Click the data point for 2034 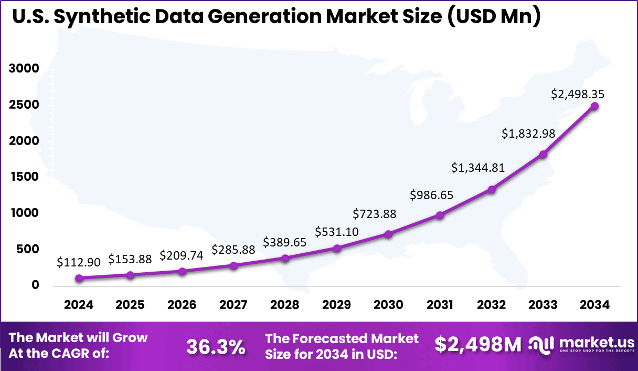(594, 106)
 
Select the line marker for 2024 (79, 278)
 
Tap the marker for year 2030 (388, 234)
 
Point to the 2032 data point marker (492, 189)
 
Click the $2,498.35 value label (578, 95)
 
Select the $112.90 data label (79, 263)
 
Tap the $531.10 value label (336, 232)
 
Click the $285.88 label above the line (233, 250)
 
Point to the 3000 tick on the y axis (24, 69)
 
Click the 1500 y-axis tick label (24, 177)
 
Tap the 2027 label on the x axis (233, 305)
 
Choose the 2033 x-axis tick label (543, 305)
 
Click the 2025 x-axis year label (130, 305)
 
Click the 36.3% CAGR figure (216, 346)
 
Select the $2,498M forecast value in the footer (478, 345)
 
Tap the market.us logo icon (540, 345)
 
